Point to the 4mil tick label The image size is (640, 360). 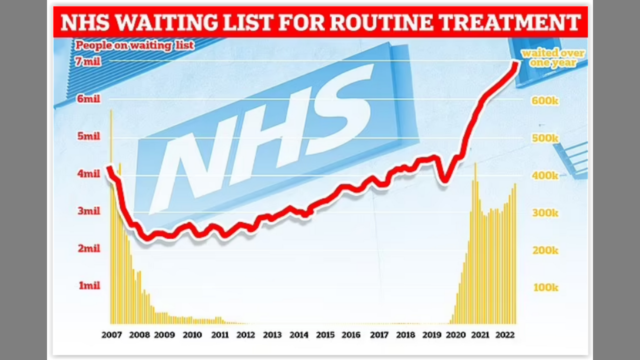[88, 174]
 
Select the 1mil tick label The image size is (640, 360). [89, 285]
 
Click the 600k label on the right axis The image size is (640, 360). [544, 100]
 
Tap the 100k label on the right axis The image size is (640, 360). [544, 287]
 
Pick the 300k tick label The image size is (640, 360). [544, 213]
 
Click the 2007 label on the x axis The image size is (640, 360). [112, 334]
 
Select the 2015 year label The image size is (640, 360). [325, 334]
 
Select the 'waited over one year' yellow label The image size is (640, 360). [552, 58]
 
